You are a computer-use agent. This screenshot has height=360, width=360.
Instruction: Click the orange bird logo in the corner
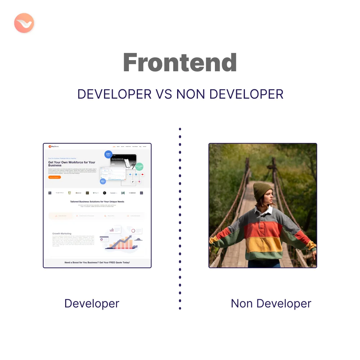tap(24, 24)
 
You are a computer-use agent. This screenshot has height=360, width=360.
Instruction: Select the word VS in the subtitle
tap(164, 94)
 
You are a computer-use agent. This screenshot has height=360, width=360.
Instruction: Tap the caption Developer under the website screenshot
tap(91, 303)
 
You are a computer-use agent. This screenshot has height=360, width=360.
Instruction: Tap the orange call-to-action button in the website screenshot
tap(54, 177)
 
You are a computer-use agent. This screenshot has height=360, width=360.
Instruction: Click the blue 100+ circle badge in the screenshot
tap(108, 154)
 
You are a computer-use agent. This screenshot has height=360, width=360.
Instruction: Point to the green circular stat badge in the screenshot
tap(139, 167)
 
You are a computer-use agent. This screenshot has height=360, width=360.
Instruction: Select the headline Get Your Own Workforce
tap(72, 164)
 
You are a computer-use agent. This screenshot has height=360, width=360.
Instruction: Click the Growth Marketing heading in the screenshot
tap(62, 233)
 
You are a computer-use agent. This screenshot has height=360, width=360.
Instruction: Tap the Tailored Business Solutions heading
tap(97, 202)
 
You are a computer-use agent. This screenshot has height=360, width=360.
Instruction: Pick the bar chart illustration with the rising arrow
tap(121, 240)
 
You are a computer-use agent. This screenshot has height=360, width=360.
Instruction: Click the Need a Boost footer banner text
tap(97, 262)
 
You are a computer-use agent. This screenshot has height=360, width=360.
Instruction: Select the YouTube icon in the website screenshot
tap(143, 175)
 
